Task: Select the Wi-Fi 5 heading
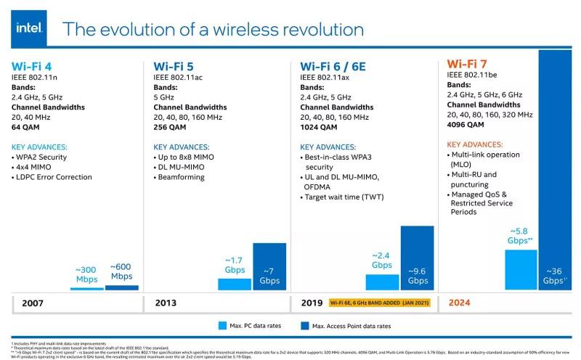pyautogui.click(x=174, y=63)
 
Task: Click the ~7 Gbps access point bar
pyautogui.click(x=269, y=266)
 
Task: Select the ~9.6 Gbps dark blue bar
pyautogui.click(x=417, y=258)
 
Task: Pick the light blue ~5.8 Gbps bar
pyautogui.click(x=520, y=270)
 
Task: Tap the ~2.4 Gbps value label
pyautogui.click(x=382, y=261)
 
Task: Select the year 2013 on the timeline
pyautogui.click(x=166, y=303)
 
